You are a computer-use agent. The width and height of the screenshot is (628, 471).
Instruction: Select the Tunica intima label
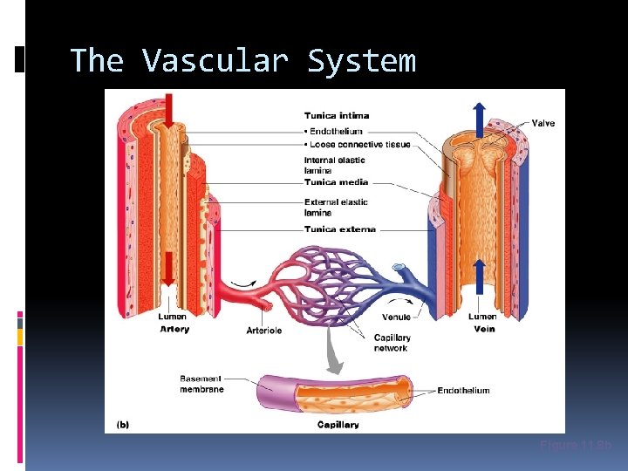click(x=336, y=115)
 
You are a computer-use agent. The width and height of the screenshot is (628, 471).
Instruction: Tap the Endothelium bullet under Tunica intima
click(x=335, y=132)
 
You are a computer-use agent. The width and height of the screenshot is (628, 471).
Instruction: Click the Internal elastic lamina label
click(x=334, y=165)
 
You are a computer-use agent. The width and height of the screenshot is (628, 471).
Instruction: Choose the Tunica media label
click(x=336, y=182)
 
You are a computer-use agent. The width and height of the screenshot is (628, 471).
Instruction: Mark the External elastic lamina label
click(x=336, y=207)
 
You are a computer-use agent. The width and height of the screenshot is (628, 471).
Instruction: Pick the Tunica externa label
click(x=339, y=229)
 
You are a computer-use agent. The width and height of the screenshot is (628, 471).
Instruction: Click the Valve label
click(x=542, y=123)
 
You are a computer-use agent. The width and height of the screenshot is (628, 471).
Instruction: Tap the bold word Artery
click(x=174, y=329)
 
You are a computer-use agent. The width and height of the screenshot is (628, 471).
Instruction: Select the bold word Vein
click(x=483, y=329)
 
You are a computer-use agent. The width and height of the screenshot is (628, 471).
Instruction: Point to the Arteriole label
click(x=263, y=330)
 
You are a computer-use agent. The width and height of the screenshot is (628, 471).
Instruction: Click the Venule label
click(x=396, y=317)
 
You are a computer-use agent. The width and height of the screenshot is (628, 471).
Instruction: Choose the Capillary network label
click(x=392, y=343)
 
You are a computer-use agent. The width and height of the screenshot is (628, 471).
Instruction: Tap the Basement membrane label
click(x=201, y=384)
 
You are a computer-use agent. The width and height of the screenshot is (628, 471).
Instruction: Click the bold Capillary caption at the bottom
click(x=338, y=425)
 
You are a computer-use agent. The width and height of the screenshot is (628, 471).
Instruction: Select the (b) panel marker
click(x=123, y=425)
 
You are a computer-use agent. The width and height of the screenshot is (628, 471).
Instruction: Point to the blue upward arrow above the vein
click(x=478, y=118)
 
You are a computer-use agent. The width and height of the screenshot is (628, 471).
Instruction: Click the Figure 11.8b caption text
click(x=576, y=446)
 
